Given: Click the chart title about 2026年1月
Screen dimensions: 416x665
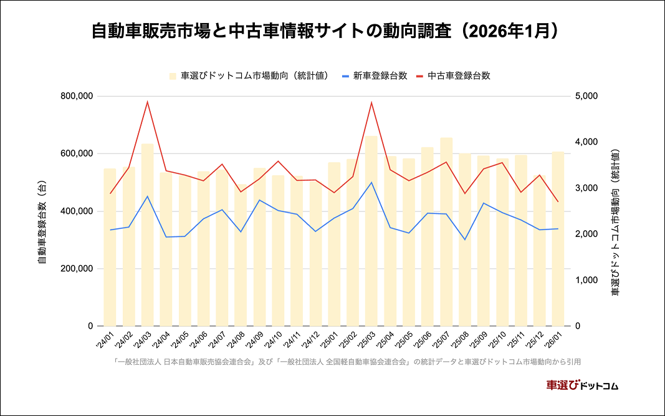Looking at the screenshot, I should click(x=332, y=31).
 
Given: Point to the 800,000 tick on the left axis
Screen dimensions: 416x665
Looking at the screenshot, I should click(x=77, y=96).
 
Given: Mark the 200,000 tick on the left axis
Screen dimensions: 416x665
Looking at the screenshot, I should click(x=77, y=269).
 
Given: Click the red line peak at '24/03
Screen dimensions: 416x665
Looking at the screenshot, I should click(x=147, y=102).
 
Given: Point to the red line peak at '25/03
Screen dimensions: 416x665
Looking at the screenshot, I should click(x=371, y=102).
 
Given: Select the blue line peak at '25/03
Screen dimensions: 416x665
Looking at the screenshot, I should click(x=371, y=182).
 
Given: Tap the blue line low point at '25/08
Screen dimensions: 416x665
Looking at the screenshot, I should click(x=465, y=239).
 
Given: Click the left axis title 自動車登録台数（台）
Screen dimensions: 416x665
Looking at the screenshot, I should click(x=42, y=211).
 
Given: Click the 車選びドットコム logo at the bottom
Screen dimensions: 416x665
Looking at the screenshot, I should click(x=581, y=385).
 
